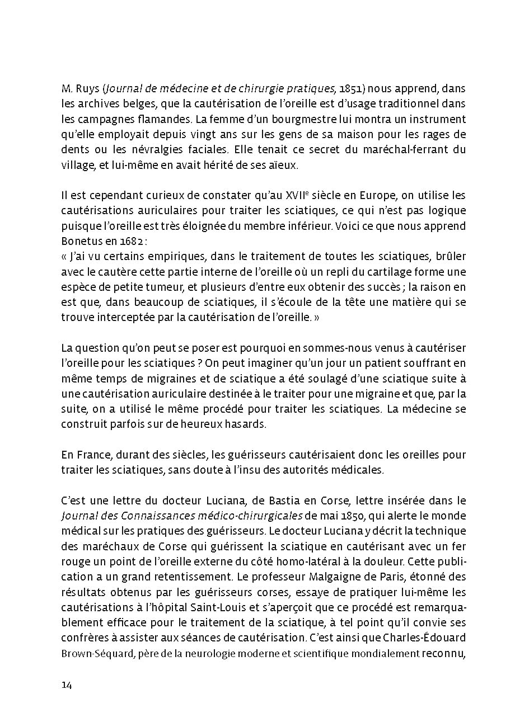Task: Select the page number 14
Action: [67, 686]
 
